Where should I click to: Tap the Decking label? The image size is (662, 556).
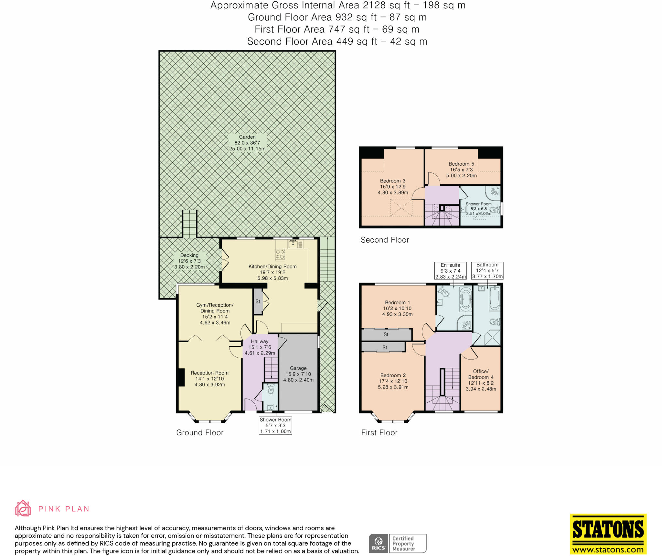189,261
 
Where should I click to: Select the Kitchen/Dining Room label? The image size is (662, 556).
272,272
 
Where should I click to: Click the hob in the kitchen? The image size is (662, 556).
280,255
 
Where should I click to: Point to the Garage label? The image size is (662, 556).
298,374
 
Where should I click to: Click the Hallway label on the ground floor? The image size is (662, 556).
260,347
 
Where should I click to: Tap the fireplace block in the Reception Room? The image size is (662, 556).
181,377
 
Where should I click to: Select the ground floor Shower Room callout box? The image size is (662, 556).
275,425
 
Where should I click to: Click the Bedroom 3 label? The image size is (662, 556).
393,187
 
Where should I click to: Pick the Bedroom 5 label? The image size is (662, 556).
461,169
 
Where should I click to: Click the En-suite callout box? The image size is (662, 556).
450,271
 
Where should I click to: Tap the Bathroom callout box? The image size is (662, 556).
487,270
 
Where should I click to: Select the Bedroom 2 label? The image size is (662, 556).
393,381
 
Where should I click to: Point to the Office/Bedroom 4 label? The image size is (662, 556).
481,380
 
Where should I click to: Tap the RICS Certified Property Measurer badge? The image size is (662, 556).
398,543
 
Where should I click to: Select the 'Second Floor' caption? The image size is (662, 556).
385,240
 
